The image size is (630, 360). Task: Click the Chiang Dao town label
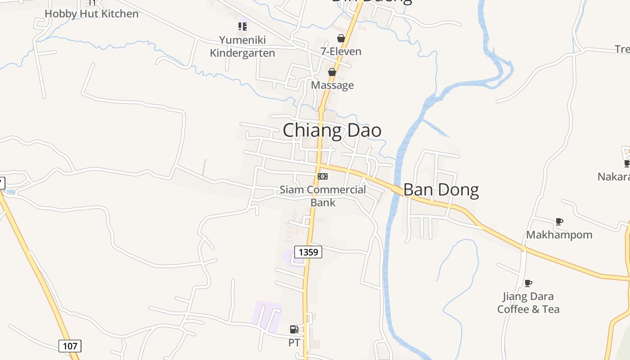pos(332,130)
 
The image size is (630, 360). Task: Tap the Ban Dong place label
pos(441,190)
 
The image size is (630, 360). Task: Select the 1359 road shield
pos(308,252)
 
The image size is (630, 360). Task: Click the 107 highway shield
pos(70,346)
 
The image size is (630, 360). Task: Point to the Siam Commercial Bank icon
pos(323,176)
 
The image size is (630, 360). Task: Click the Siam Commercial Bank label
pos(323,196)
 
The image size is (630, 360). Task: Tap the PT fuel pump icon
pos(294,330)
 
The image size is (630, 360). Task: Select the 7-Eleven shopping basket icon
pos(341,39)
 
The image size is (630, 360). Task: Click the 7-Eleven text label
pos(341,51)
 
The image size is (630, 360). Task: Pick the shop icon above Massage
pos(332,72)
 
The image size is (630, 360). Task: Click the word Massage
pos(333,85)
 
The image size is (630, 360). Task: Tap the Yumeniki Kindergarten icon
pos(243,27)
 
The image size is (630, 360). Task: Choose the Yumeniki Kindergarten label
pos(243,46)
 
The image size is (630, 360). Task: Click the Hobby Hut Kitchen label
pos(91,13)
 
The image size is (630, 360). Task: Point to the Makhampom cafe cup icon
pos(559,221)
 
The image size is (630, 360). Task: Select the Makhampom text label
pos(559,234)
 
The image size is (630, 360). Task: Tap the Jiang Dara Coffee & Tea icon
pos(528,283)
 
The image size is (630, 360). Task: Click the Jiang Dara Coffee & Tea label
pos(528,303)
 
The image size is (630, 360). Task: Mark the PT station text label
pos(294,343)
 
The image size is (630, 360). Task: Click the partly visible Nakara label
pos(614,176)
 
